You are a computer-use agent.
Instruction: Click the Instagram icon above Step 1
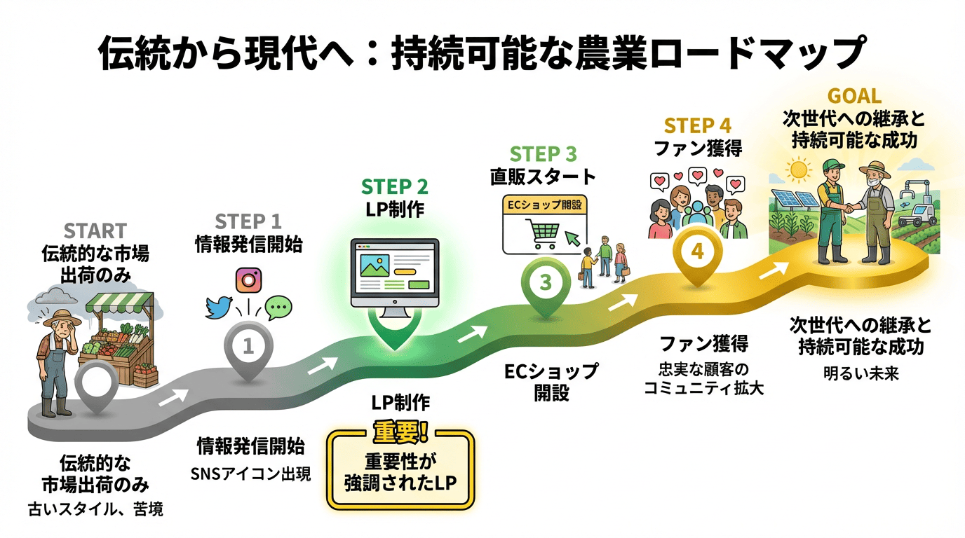(x=248, y=280)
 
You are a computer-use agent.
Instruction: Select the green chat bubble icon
(x=278, y=307)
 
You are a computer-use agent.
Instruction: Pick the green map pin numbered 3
(x=545, y=282)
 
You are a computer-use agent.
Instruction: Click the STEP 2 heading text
(x=394, y=187)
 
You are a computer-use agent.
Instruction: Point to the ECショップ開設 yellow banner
(x=544, y=206)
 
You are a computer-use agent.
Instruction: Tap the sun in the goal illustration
(x=798, y=170)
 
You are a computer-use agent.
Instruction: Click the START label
(x=95, y=230)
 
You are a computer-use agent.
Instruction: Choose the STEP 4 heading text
(x=697, y=126)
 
